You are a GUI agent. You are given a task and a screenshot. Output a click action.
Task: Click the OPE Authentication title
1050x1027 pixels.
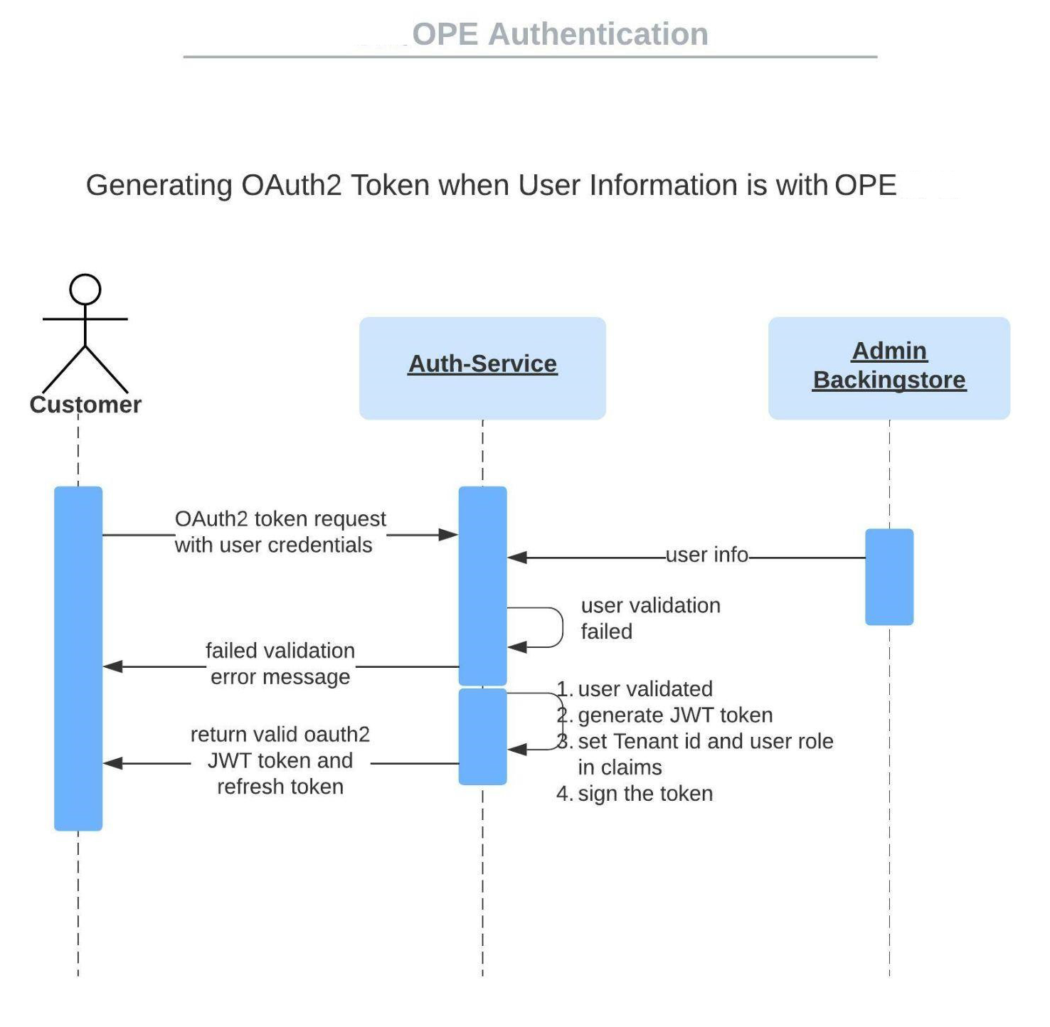(x=560, y=34)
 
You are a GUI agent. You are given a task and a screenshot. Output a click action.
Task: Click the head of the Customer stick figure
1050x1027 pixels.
(x=85, y=289)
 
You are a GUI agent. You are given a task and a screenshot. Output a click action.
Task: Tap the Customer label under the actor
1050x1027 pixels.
(x=85, y=405)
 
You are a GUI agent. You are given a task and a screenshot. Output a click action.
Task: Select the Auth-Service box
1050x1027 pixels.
(x=482, y=368)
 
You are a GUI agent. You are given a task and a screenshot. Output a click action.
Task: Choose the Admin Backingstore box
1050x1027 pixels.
(x=889, y=368)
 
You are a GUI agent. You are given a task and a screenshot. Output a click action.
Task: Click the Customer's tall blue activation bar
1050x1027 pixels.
(x=78, y=658)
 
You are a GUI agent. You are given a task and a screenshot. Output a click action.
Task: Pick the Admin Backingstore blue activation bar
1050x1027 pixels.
(x=889, y=577)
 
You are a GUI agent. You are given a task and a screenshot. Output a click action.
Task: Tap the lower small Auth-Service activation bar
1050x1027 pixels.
(x=482, y=737)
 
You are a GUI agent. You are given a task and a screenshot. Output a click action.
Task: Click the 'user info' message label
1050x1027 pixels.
(x=706, y=555)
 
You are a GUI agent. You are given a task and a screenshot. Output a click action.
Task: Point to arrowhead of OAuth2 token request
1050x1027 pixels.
(x=450, y=535)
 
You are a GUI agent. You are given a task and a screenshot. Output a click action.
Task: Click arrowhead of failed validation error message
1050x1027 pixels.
(x=112, y=666)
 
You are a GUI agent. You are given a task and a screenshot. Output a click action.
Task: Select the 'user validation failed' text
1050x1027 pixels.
(x=650, y=618)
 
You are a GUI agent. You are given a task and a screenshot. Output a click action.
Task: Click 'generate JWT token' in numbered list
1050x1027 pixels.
(x=674, y=715)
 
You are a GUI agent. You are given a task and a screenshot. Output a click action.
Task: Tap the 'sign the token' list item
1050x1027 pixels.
(x=645, y=794)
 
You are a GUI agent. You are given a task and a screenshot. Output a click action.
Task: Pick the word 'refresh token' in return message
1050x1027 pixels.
(x=280, y=787)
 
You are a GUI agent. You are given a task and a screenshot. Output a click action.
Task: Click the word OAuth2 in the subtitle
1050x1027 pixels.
(x=292, y=186)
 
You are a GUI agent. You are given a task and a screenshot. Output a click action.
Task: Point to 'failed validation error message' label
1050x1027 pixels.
(x=280, y=664)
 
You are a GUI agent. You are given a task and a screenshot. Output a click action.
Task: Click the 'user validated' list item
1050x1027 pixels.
(x=645, y=689)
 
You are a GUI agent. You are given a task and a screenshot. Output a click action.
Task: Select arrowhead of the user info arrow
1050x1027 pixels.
(x=516, y=558)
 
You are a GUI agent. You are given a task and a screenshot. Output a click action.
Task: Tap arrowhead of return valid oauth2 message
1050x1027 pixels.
(x=112, y=763)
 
